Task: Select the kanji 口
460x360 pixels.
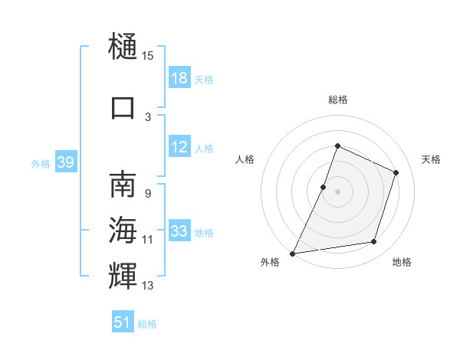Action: pos(123,107)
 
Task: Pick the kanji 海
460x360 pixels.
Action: pos(123,230)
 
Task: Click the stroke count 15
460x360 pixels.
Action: pos(148,56)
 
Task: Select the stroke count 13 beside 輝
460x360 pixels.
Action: pos(148,286)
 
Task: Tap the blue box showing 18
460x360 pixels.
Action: pos(179,78)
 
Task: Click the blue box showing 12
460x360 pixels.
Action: pos(179,147)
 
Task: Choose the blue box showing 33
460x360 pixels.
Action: pos(179,231)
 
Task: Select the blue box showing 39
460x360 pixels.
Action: pos(65,162)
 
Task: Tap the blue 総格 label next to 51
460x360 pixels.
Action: pos(147,324)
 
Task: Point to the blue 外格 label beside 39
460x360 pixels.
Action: pos(41,163)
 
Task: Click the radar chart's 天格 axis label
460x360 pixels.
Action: pos(431,159)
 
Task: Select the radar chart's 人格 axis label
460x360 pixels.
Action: pos(245,159)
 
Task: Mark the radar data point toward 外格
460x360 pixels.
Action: pos(293,253)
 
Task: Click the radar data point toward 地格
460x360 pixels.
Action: pos(374,242)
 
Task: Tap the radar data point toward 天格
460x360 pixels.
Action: pos(396,172)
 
